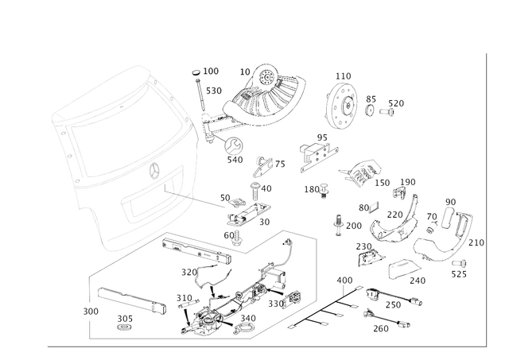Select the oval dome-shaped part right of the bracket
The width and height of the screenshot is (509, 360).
[x=364, y=171]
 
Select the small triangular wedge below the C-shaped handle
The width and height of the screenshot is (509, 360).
[x=367, y=254]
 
